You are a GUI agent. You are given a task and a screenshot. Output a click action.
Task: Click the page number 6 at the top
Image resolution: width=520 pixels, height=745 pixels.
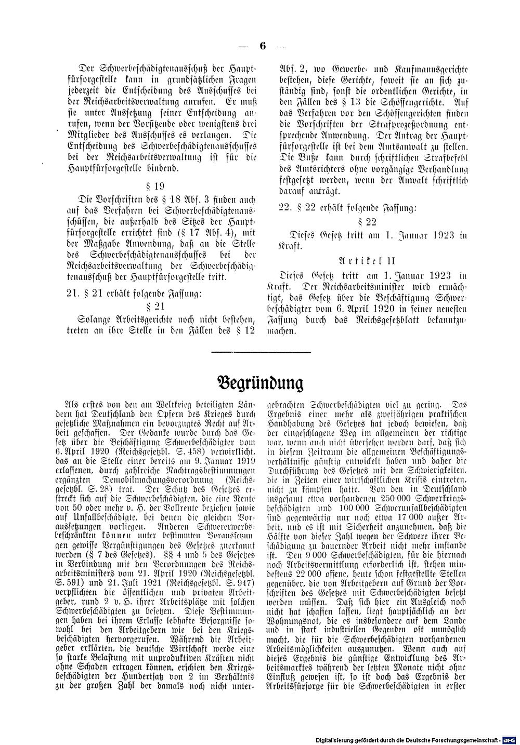[262, 46]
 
